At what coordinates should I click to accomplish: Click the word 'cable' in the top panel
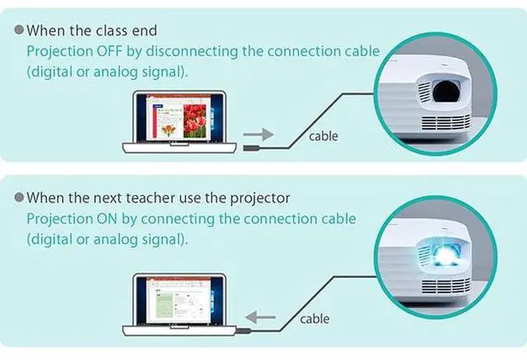pos(323,135)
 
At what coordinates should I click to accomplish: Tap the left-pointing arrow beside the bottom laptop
pos(262,316)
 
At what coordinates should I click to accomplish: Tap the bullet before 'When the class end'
pos(18,30)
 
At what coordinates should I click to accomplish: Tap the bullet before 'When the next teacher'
pos(18,199)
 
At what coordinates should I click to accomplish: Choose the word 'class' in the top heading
pos(107,30)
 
